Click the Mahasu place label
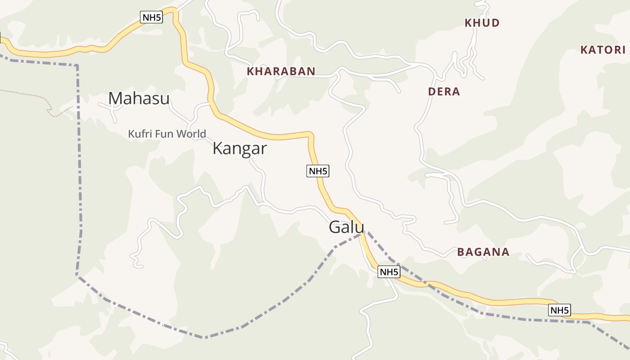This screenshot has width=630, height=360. tap(139, 98)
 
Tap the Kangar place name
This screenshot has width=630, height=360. tap(239, 148)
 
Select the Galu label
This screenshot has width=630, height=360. tap(346, 227)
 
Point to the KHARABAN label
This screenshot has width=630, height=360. tap(281, 71)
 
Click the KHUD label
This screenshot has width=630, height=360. tap(482, 23)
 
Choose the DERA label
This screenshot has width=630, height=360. tap(444, 92)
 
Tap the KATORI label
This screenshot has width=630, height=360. tap(603, 49)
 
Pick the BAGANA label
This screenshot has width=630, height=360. tap(483, 252)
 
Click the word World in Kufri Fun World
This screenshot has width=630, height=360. tap(191, 134)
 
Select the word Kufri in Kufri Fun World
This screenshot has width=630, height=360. tap(139, 134)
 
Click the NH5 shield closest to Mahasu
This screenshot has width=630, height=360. tap(151, 18)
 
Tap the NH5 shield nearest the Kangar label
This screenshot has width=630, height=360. tap(318, 171)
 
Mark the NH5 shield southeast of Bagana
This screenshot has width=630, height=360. tap(559, 310)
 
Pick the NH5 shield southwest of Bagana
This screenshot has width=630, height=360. tap(389, 272)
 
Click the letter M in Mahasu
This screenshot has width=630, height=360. tap(116, 98)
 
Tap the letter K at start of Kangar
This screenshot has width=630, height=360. tap(218, 148)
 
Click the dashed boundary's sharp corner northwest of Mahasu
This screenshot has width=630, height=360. tap(77, 66)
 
